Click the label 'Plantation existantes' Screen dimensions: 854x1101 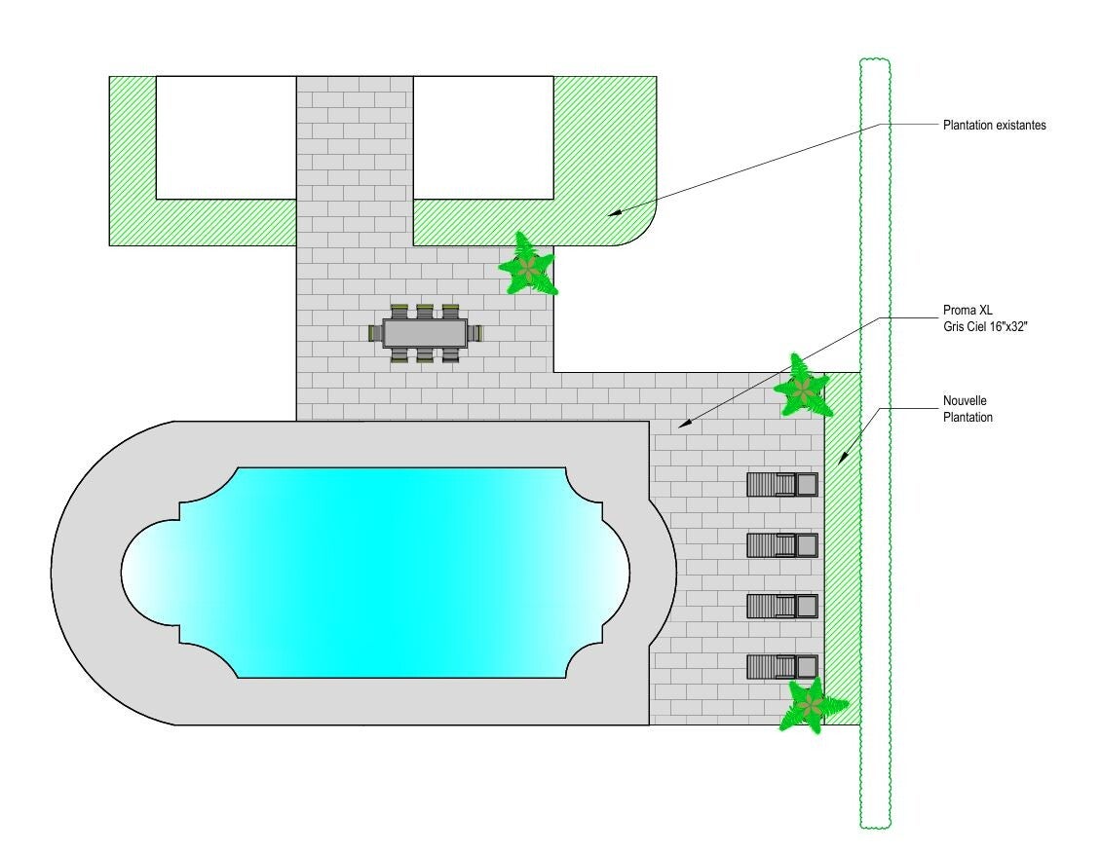[x=994, y=126]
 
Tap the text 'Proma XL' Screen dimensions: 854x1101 [x=966, y=311]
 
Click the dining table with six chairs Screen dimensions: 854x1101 [x=425, y=333]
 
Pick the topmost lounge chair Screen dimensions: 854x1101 [x=782, y=484]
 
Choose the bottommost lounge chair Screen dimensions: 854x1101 [x=782, y=667]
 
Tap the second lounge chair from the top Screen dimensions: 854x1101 [x=782, y=545]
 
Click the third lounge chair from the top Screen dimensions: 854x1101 [x=782, y=607]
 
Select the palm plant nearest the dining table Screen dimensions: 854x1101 [x=528, y=265]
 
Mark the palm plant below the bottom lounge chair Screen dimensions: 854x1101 [x=808, y=705]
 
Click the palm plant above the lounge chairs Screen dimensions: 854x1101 [x=802, y=387]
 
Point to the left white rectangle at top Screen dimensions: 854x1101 [x=225, y=137]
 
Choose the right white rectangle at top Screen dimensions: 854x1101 [x=483, y=137]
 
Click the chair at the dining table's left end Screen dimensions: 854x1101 [x=375, y=333]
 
